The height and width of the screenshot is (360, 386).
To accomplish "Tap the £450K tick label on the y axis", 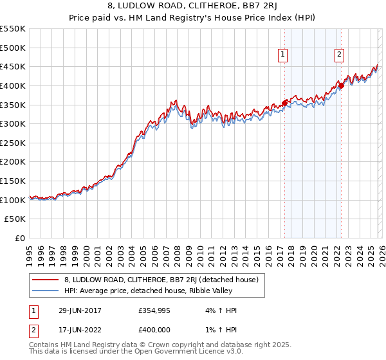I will click(x=13, y=66).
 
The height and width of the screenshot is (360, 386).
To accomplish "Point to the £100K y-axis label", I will click(x=13, y=200).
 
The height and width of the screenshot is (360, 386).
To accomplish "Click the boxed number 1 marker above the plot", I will click(x=283, y=55).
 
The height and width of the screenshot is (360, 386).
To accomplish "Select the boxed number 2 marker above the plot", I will click(x=339, y=55).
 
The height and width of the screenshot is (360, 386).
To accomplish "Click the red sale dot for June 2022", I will click(x=341, y=85).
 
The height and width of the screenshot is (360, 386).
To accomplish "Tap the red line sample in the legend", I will click(x=46, y=280).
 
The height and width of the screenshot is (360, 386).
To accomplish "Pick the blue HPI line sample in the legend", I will click(x=46, y=291).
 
